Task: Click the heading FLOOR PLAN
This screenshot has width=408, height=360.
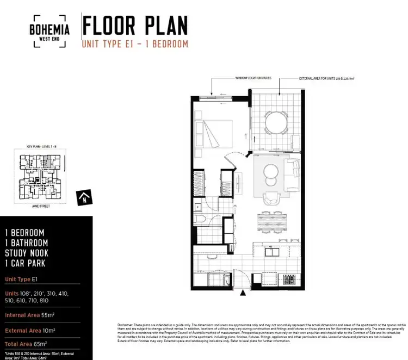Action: pos(135,26)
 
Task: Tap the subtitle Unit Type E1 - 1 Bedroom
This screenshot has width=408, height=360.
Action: pos(135,44)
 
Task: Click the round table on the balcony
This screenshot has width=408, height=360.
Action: pos(277,122)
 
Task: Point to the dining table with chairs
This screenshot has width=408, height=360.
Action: pos(274,224)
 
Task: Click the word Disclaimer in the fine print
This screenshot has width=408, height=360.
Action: pos(125,325)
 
